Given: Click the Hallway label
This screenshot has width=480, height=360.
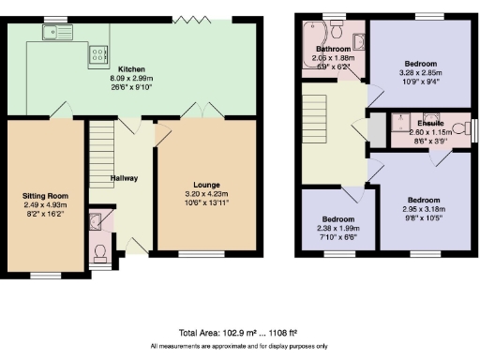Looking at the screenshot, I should point(124,177).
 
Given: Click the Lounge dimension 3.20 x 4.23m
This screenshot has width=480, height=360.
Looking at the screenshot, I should point(206,194).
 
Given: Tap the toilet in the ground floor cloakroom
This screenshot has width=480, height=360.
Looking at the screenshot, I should point(101,252).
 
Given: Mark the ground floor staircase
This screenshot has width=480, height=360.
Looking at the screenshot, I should point(103,159).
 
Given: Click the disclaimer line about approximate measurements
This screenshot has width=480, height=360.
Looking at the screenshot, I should point(240,347).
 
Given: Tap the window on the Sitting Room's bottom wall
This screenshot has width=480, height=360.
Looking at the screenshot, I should point(44,275).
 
